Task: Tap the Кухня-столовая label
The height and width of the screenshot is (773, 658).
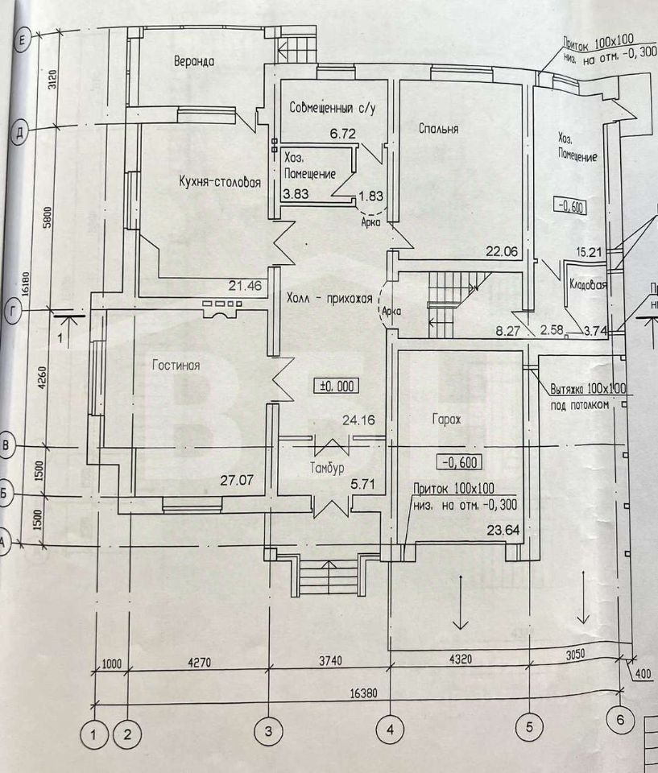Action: [x=220, y=183]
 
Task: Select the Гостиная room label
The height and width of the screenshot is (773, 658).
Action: [x=175, y=365]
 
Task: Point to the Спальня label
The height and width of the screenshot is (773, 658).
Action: [x=439, y=128]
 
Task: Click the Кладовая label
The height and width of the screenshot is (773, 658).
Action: [x=587, y=284]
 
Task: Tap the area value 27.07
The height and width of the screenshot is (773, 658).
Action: [x=238, y=481]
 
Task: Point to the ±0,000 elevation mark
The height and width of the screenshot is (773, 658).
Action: [x=337, y=386]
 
